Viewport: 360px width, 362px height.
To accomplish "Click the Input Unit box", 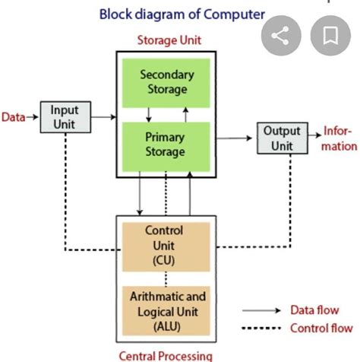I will (65, 117).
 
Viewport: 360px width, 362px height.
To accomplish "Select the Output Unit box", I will (282, 138).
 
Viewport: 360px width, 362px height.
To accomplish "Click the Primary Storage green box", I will (166, 144).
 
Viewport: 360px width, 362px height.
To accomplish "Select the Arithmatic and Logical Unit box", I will (164, 309).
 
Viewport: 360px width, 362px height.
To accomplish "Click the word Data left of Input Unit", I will (13, 117).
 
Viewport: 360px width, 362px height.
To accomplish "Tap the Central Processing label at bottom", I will (165, 355).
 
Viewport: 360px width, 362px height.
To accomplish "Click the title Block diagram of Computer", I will (182, 13).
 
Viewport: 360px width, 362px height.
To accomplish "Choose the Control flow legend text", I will (321, 329).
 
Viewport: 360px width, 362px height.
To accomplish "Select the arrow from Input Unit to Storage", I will (103, 117).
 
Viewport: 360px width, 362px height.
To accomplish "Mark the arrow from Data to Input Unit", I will (32, 117).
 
